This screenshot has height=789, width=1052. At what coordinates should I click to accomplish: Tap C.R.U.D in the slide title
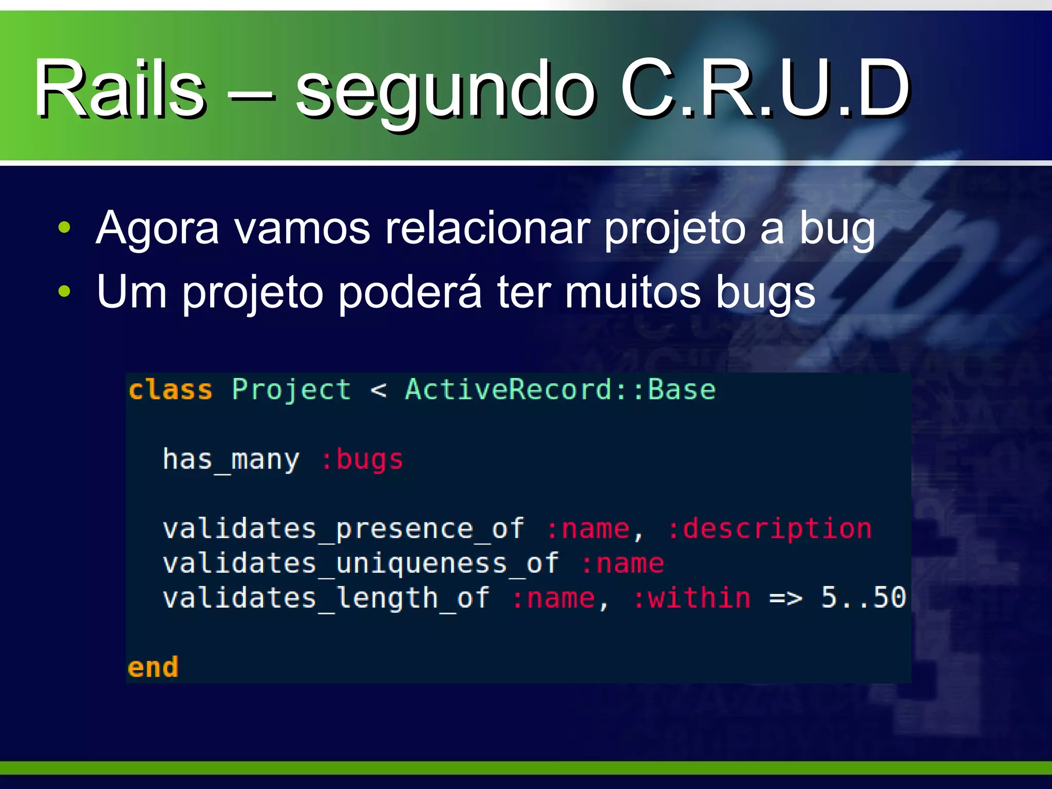tap(765, 88)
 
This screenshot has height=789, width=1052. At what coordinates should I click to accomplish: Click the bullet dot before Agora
tap(64, 228)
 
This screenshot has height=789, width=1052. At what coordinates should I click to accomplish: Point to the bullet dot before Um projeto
tap(64, 291)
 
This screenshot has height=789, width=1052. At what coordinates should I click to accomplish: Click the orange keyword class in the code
tap(170, 390)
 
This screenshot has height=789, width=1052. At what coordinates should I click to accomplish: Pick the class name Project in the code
tap(291, 390)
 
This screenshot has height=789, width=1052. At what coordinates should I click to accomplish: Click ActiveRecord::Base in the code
tap(560, 390)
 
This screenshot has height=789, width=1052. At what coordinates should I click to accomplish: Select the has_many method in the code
tap(231, 459)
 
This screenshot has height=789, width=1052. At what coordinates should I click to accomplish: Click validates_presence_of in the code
tap(343, 529)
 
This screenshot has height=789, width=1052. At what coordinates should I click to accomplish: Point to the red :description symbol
tap(769, 529)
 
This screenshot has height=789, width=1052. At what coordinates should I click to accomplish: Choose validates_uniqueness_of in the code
tap(361, 563)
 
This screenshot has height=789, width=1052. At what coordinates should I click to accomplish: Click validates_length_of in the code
tap(326, 598)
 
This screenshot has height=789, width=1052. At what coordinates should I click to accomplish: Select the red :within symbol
tap(691, 598)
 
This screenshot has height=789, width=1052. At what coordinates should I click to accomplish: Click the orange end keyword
tap(153, 668)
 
